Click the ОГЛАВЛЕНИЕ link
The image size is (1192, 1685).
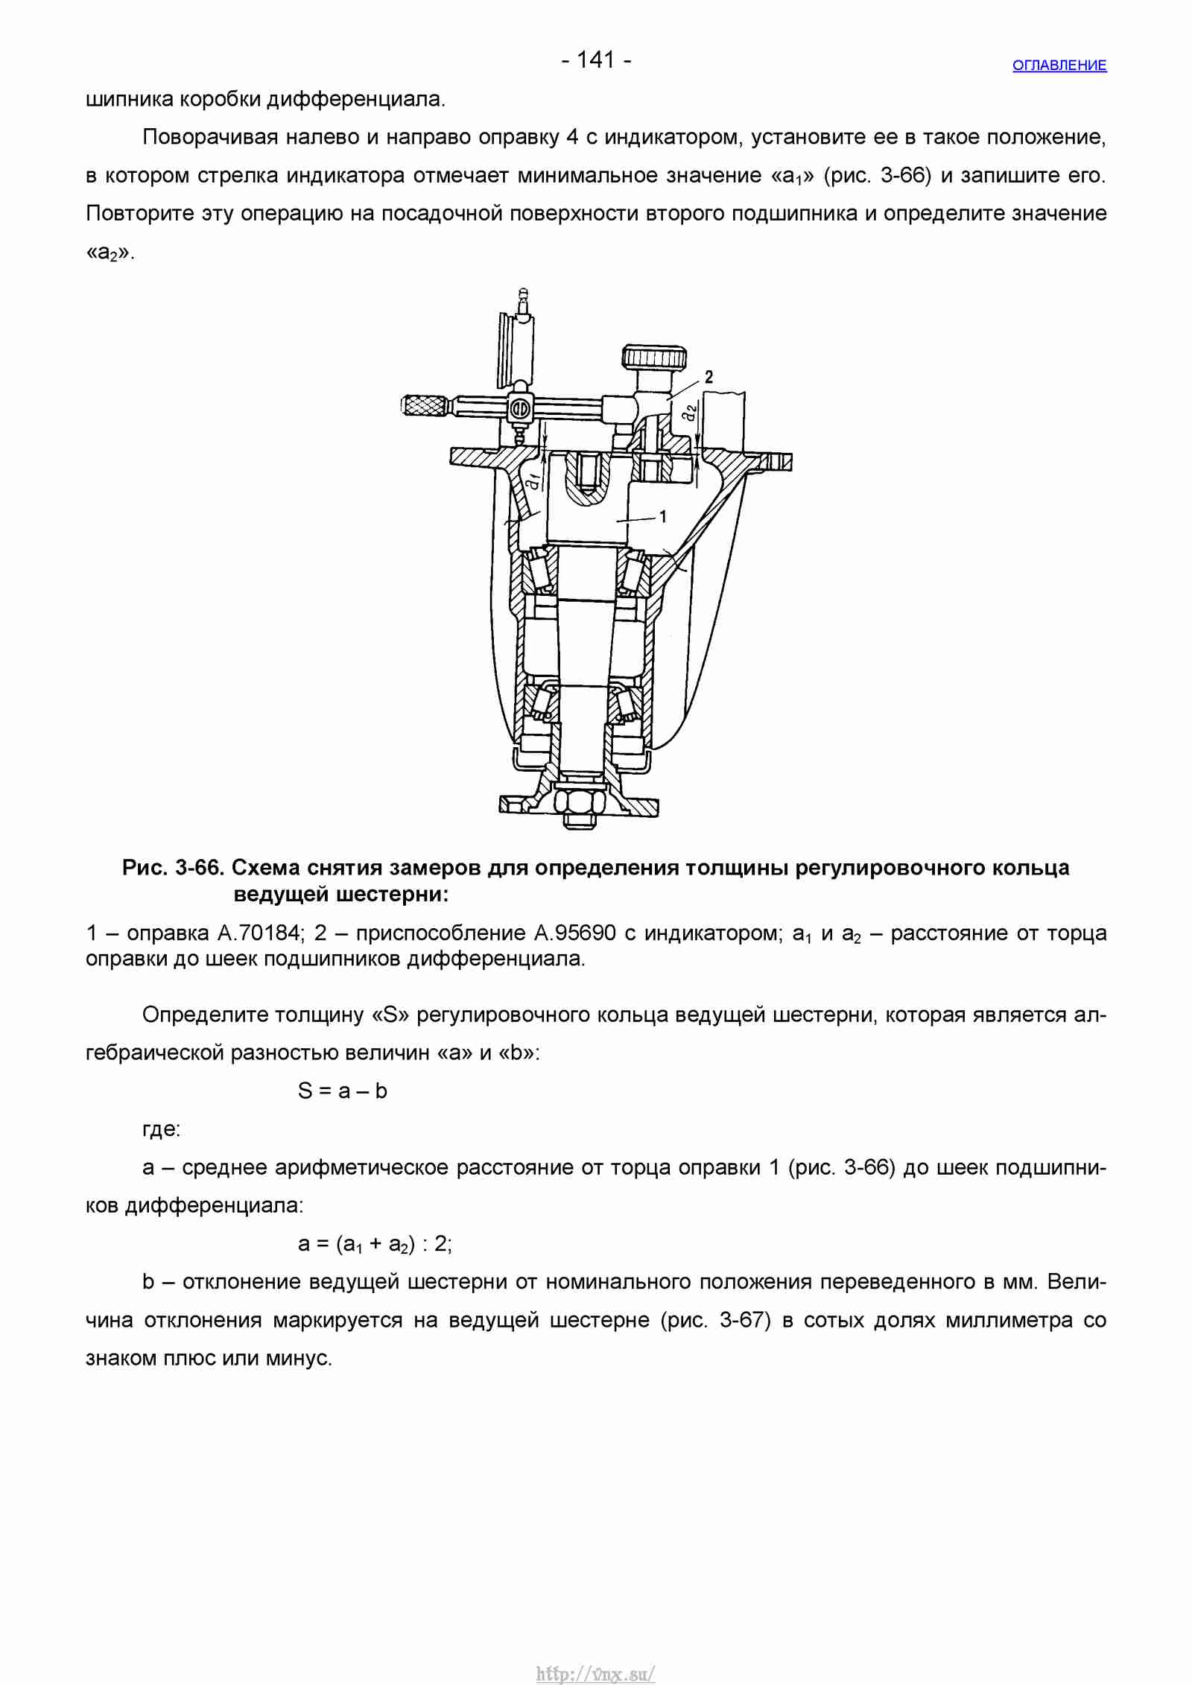coord(1059,66)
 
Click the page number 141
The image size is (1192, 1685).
coord(596,60)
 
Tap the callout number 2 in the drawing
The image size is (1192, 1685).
coord(708,378)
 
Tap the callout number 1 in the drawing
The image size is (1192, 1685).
coord(663,516)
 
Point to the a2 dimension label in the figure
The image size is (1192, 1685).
coord(691,412)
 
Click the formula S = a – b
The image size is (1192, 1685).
coord(343,1091)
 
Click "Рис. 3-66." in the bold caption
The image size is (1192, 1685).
coord(174,868)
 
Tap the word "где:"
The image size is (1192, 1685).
coord(162,1130)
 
